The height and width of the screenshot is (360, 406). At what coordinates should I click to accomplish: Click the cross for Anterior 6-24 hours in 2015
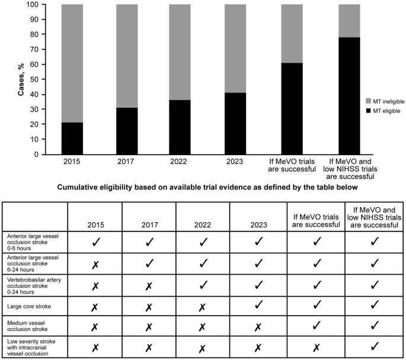click(x=94, y=266)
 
